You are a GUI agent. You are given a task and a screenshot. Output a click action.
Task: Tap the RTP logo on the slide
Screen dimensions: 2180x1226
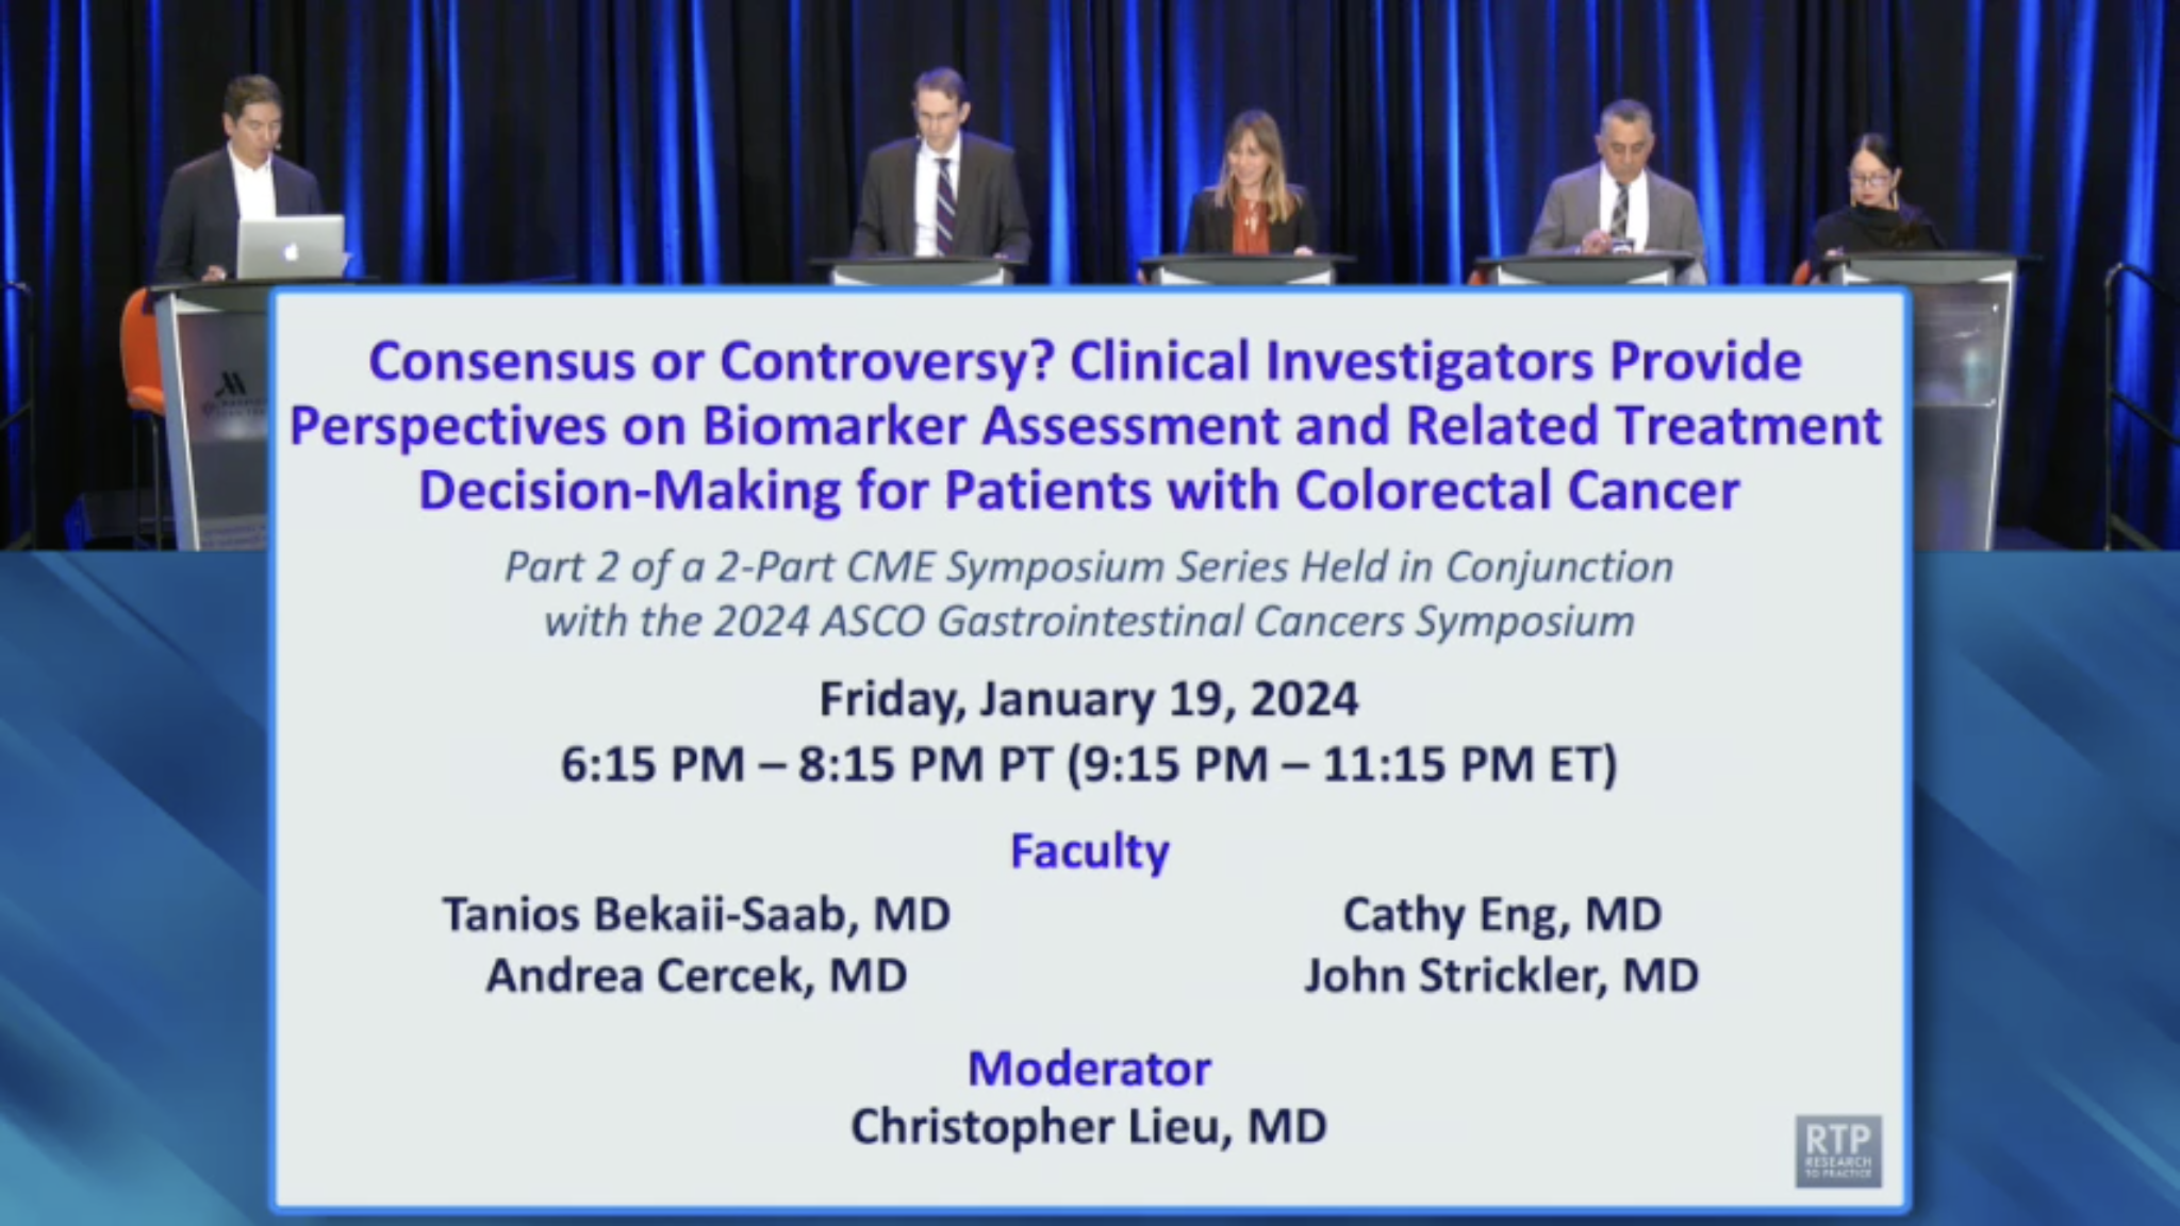(x=1839, y=1150)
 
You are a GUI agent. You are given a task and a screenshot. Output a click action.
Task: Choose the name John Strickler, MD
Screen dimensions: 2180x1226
(x=1501, y=975)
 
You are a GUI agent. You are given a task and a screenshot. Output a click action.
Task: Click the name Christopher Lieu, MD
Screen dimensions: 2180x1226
(x=1089, y=1126)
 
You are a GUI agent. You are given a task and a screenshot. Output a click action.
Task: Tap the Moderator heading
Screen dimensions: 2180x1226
(x=1089, y=1068)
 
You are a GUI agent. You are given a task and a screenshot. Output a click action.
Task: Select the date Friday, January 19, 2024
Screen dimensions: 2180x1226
(x=1089, y=700)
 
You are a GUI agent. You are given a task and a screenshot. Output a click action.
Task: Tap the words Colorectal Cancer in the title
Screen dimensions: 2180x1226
(x=1517, y=490)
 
